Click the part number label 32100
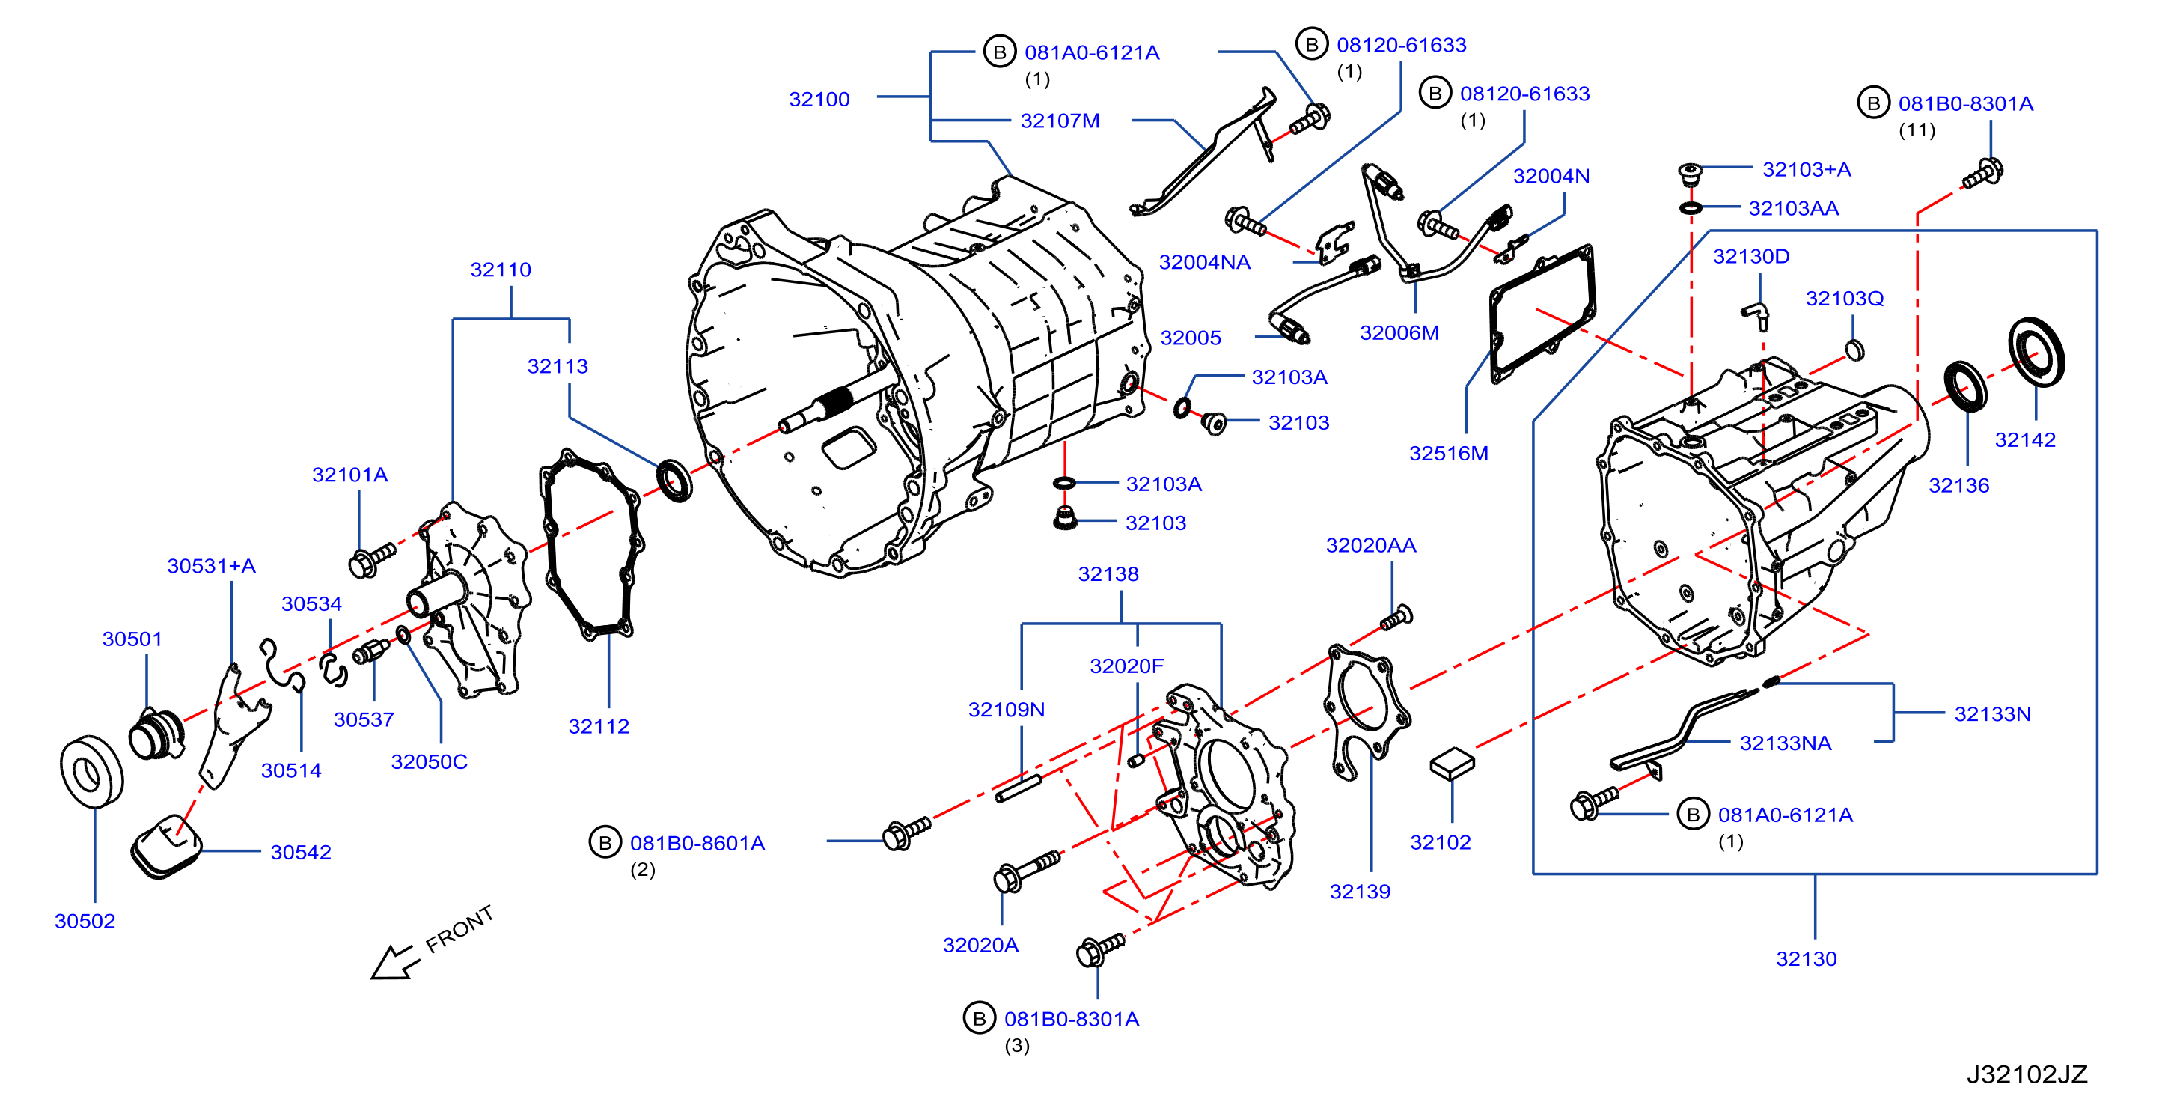(819, 99)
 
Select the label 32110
(501, 269)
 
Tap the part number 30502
(85, 921)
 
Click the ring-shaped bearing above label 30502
(92, 771)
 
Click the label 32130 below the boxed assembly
(1806, 958)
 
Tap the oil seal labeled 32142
(2036, 352)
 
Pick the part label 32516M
(1449, 453)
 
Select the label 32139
(1360, 891)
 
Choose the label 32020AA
(1370, 544)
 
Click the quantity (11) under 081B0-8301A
(1917, 130)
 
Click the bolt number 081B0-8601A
(697, 843)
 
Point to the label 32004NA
(1204, 261)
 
